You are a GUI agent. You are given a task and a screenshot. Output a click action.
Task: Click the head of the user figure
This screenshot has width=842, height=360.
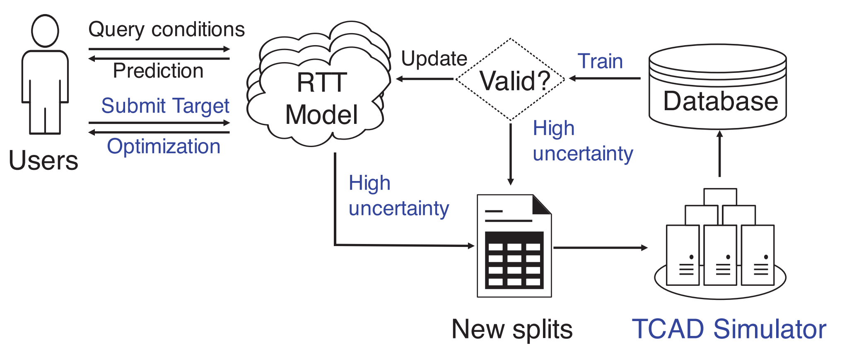(x=45, y=31)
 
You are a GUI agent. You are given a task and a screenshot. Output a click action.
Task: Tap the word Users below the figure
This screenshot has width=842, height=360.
(x=43, y=160)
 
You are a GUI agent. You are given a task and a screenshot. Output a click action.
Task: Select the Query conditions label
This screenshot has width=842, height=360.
(x=166, y=30)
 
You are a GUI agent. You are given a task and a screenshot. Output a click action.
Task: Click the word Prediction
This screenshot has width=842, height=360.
(x=158, y=71)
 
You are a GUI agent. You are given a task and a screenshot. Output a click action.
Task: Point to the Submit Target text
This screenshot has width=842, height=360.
(x=165, y=106)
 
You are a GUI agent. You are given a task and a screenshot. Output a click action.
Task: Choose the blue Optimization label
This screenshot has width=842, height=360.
(x=164, y=147)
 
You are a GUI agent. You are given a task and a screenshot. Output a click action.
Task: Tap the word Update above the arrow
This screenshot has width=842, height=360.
(x=434, y=59)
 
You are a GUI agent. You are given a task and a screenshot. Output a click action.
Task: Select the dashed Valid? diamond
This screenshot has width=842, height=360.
(x=511, y=80)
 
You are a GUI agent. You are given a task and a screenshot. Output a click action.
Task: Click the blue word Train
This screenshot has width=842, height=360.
(x=600, y=61)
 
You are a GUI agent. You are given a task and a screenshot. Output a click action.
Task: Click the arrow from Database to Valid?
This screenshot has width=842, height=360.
(x=605, y=78)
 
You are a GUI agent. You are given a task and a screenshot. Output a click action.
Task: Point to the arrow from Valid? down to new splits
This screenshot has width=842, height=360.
(x=511, y=153)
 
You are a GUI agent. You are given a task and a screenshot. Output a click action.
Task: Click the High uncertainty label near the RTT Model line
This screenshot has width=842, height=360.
(x=398, y=196)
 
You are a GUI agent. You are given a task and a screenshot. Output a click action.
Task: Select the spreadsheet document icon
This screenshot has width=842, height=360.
(x=514, y=246)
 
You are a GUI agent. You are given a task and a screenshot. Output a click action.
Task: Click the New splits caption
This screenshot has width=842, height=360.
(x=512, y=329)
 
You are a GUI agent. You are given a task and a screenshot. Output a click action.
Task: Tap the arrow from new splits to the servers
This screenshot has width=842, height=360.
(x=600, y=248)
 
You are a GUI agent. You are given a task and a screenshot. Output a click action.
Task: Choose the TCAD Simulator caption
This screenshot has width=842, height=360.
(x=729, y=329)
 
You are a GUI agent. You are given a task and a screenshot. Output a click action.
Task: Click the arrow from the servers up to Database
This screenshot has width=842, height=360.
(x=720, y=154)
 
